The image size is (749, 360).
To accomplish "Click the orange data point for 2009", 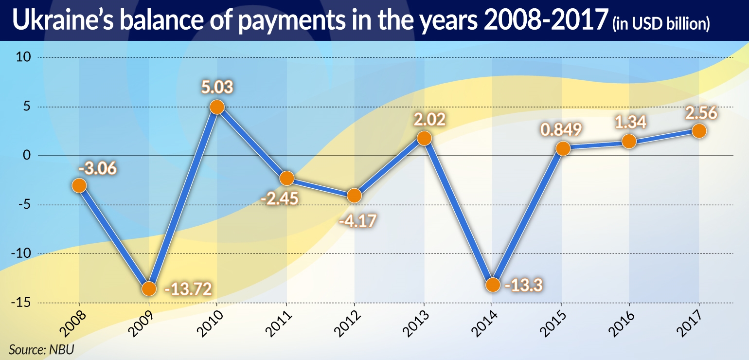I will click(149, 289).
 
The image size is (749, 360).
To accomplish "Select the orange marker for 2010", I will click(217, 107).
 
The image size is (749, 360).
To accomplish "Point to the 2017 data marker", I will click(699, 131).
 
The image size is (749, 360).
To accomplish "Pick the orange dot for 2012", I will click(354, 196).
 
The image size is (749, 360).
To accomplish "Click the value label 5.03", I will click(217, 88).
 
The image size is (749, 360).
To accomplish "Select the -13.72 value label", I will click(188, 290).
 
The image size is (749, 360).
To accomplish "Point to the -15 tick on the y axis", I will click(21, 303).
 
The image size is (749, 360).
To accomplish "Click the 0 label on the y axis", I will click(28, 156).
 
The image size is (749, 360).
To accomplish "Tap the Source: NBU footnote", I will click(41, 349).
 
